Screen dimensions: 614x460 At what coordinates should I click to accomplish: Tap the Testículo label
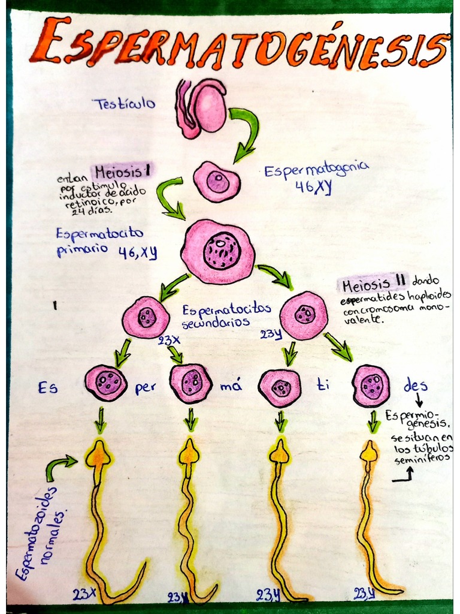[123, 104]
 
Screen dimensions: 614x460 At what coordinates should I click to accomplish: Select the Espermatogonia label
[317, 171]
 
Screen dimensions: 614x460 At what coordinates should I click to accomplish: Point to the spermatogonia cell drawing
[216, 182]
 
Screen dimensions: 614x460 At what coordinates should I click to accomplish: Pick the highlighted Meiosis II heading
[373, 282]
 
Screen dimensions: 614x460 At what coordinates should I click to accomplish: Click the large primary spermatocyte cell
[219, 251]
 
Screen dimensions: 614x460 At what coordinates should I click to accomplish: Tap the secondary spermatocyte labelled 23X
[146, 317]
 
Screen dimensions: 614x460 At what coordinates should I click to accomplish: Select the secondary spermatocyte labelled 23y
[304, 315]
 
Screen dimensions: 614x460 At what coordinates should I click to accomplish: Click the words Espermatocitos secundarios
[226, 315]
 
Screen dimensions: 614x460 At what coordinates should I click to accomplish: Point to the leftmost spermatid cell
[106, 383]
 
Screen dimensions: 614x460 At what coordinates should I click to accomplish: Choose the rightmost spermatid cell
[371, 386]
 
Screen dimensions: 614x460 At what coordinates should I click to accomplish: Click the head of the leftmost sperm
[98, 456]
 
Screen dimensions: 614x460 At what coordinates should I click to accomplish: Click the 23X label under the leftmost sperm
[84, 594]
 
